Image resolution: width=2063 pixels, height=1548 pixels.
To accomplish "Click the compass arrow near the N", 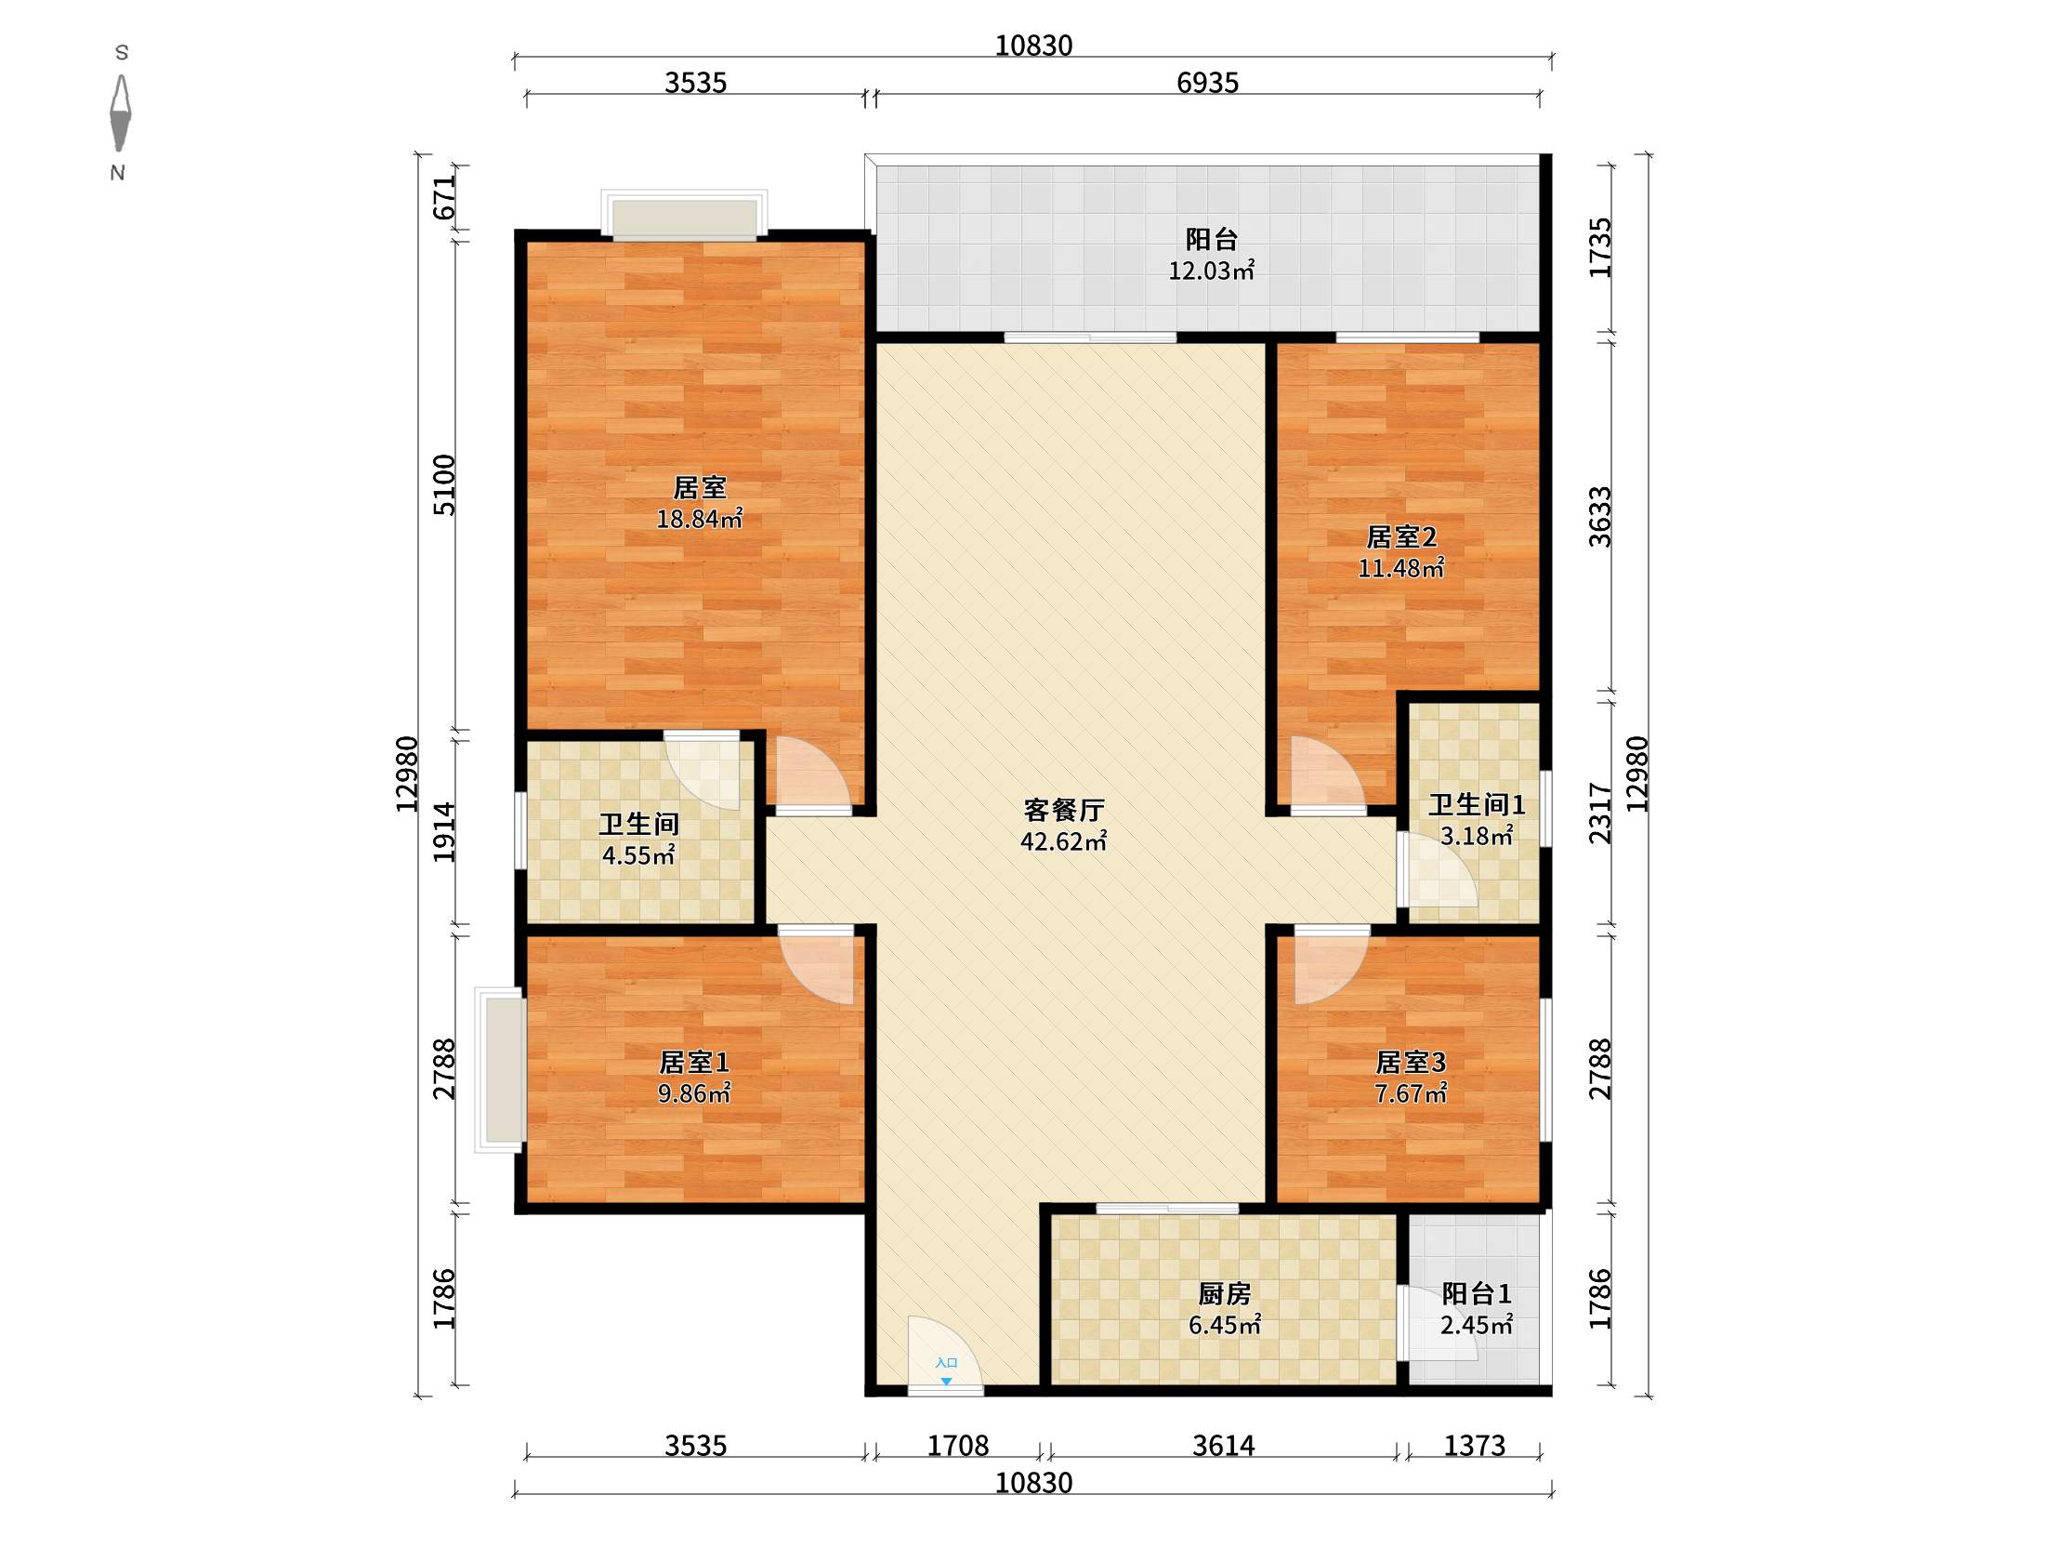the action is point(120,112).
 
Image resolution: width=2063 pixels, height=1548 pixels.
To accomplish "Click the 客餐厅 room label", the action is point(1063,809).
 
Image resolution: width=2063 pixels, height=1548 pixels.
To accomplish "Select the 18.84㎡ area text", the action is point(700,519).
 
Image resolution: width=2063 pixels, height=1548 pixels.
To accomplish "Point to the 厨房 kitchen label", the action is point(1224,1293).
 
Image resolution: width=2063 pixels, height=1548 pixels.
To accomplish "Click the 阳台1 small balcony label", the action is point(1477,1293).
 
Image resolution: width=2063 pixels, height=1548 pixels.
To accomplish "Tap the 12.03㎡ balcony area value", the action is point(1212,271).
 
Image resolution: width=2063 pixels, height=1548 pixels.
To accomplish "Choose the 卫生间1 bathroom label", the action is point(1477,804).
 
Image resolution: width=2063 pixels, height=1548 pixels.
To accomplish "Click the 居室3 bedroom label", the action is point(1410,1062).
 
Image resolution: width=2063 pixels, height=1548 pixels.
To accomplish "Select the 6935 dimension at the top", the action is point(1207,83).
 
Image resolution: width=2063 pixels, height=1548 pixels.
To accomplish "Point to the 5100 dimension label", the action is point(445,485).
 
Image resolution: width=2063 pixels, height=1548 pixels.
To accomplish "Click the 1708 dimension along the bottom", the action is point(958,1446).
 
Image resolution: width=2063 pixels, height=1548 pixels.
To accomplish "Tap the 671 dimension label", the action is point(445,197).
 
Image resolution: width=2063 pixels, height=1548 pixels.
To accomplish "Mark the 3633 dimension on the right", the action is point(1599,516).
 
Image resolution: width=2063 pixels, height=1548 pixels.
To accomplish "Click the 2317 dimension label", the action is point(1599,814).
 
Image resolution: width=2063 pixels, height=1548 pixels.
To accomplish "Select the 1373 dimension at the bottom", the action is point(1475,1446).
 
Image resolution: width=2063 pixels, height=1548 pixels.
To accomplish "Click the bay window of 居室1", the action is point(500,1069).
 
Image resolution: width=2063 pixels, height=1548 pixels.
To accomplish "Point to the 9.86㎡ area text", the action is point(694,1092).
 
